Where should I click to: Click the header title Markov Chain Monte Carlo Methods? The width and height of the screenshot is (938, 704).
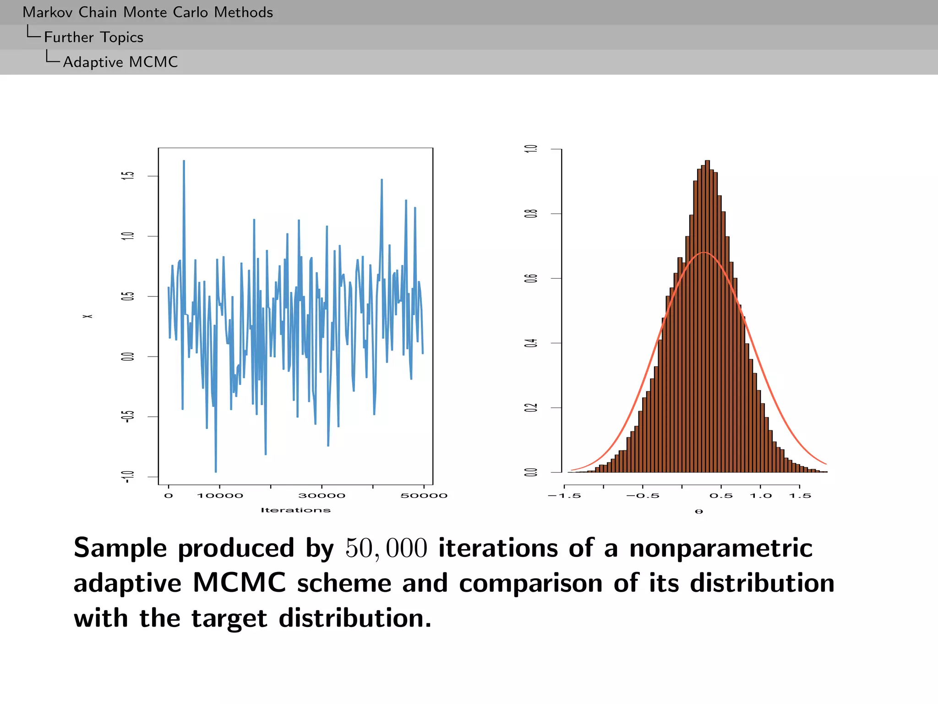tap(147, 12)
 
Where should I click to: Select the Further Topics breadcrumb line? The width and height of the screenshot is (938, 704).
tap(93, 37)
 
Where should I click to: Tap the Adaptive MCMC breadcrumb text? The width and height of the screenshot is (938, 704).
tap(120, 62)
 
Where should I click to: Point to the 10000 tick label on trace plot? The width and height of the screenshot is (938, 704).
tap(220, 496)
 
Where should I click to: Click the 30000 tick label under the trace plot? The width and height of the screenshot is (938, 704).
tap(322, 496)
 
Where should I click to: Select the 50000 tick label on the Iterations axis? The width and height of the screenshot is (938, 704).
tap(424, 496)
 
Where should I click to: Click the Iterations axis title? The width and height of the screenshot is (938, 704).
tap(295, 510)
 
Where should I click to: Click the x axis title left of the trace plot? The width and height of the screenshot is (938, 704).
tap(87, 316)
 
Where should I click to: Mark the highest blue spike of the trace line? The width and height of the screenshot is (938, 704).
tap(184, 162)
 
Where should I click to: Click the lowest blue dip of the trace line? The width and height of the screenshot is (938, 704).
tap(216, 471)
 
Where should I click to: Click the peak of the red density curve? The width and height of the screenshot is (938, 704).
tap(704, 253)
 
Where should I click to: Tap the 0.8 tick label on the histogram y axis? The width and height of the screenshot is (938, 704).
tap(531, 214)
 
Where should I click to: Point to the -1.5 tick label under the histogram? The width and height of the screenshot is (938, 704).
tap(564, 496)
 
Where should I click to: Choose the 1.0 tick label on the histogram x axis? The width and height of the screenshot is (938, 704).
tap(760, 496)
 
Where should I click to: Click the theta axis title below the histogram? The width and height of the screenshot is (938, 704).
tap(698, 511)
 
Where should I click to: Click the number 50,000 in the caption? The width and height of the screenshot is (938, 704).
tap(386, 548)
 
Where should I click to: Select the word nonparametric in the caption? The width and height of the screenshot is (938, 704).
tap(720, 548)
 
